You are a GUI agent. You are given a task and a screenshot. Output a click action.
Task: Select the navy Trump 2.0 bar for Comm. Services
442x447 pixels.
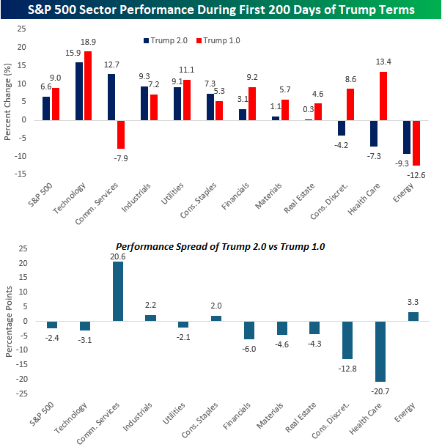111,97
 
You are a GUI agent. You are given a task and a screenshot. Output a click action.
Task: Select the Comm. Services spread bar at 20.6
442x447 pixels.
117,292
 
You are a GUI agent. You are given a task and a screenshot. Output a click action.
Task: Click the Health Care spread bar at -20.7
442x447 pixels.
380,351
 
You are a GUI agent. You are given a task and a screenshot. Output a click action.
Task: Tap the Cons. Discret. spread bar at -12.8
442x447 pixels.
347,339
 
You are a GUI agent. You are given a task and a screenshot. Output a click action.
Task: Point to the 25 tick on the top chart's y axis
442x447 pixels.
22,29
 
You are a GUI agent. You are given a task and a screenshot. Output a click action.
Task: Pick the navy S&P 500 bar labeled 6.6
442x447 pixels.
46,108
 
